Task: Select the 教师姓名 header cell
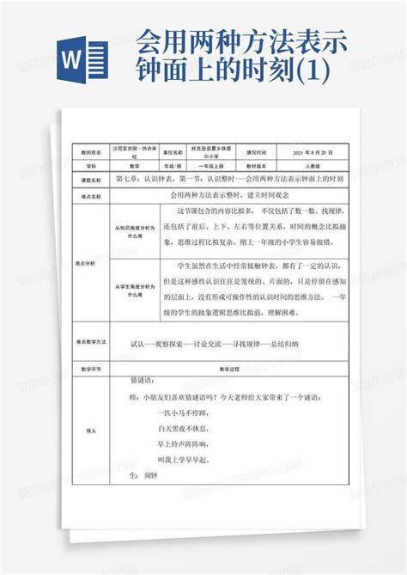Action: click(91, 150)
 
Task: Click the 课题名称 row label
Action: click(91, 180)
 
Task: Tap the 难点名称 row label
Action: click(91, 196)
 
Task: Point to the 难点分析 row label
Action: click(91, 266)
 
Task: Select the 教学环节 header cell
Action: click(91, 367)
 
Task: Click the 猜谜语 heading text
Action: click(142, 378)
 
